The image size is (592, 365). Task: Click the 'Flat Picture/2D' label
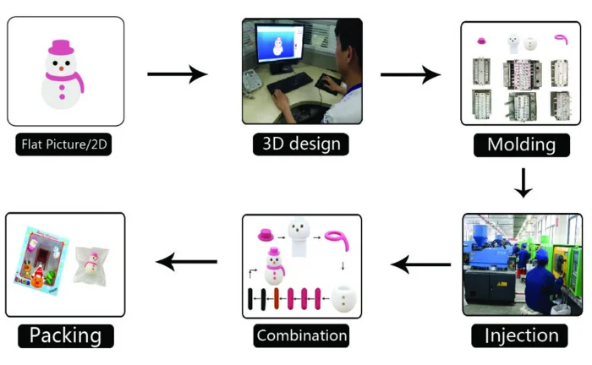coord(64,144)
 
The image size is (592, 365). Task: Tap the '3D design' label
coord(298,143)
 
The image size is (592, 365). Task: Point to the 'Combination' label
coord(301,335)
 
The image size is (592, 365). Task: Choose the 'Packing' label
coord(65,335)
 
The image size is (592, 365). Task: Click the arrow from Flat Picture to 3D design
coord(177,74)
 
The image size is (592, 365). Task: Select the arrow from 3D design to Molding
coord(410,74)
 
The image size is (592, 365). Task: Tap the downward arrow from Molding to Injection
coord(523,182)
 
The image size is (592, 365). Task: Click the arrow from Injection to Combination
coord(420,265)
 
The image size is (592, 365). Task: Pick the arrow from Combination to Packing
coord(187,263)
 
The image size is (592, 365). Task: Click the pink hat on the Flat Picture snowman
coord(61,46)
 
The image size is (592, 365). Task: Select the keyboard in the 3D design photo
coord(290,84)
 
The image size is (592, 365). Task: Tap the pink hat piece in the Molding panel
coord(482,39)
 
